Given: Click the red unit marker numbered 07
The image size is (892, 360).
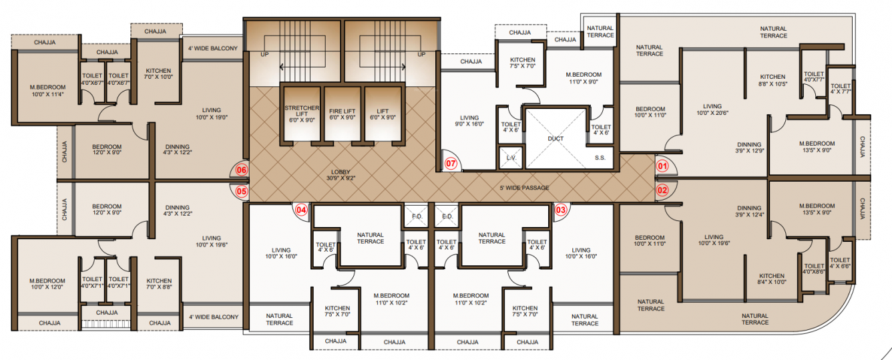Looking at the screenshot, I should point(451,163).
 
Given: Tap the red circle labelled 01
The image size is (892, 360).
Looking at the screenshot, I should point(662,165).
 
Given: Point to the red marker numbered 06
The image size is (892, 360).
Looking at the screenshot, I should point(242,170).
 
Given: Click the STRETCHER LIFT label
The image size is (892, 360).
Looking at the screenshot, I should point(302,112).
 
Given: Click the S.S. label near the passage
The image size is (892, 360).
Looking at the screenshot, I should point(600,158).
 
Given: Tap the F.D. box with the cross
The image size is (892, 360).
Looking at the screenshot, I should point(415,216).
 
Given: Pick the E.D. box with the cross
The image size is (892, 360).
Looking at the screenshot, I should point(447,216).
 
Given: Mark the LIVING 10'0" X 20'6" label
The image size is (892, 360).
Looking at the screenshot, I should point(712,110).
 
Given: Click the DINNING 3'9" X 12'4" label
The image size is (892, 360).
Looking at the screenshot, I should point(749,211).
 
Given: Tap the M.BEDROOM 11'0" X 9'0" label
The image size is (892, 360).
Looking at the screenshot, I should point(584,78).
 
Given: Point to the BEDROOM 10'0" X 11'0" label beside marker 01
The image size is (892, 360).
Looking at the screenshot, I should point(650,112).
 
